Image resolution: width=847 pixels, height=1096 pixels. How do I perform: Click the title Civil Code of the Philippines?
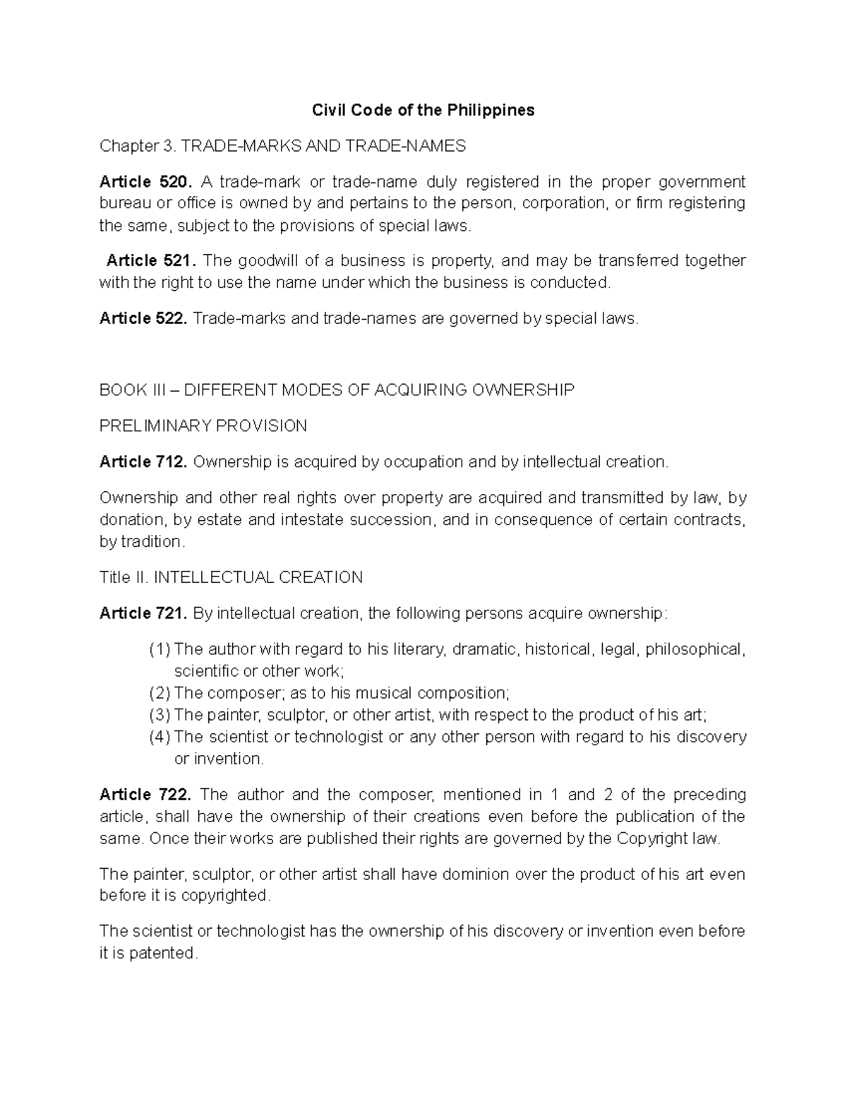[423, 110]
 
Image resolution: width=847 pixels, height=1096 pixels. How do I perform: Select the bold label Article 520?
[145, 182]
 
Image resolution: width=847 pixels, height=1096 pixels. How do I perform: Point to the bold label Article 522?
[143, 318]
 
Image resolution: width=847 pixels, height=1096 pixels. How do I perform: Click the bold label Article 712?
[143, 462]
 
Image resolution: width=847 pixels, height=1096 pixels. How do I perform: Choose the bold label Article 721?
[143, 613]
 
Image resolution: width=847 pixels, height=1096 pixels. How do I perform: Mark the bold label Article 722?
[145, 795]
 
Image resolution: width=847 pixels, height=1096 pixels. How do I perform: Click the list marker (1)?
[160, 649]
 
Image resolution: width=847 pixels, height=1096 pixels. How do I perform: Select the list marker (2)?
[160, 693]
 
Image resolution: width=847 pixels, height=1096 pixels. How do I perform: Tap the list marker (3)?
[160, 715]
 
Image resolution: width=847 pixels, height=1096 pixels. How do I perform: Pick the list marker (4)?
[160, 737]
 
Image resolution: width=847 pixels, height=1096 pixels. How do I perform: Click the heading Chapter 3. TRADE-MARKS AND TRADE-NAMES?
[282, 146]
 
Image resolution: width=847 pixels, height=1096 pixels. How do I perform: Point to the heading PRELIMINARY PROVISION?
[203, 426]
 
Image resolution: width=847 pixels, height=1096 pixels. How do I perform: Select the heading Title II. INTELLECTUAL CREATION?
[231, 577]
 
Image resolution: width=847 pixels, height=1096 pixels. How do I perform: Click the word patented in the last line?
[164, 953]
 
